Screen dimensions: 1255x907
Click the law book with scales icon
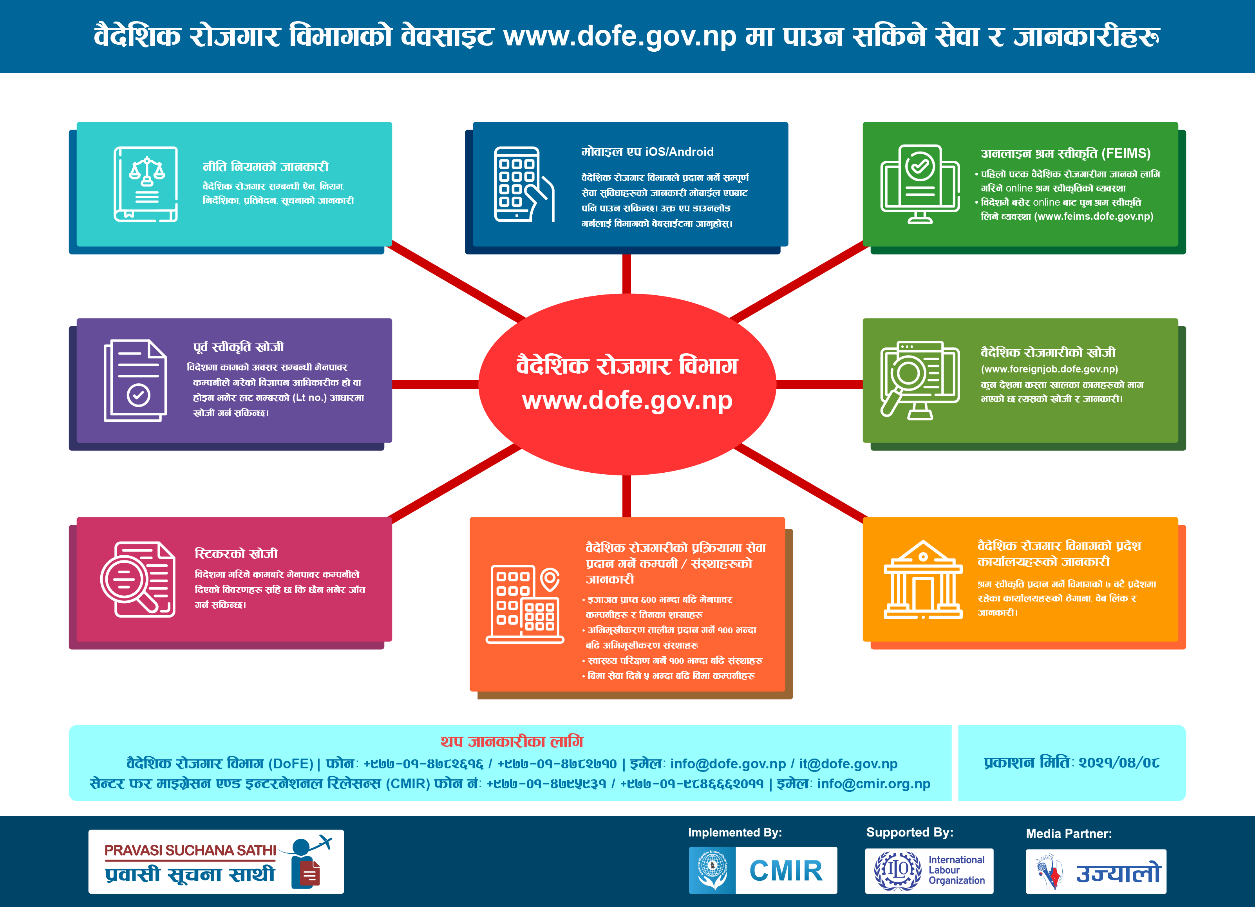146,184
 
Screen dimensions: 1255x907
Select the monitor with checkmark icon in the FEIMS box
920,184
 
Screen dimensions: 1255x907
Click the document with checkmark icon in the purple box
136,380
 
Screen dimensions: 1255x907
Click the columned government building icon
923,579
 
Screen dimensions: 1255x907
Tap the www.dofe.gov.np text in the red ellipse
627,401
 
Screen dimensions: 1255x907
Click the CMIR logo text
786,871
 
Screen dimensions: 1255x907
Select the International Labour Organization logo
929,871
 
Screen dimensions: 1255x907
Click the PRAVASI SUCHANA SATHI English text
190,850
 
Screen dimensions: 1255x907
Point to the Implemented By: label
735,832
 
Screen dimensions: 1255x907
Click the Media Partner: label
1069,833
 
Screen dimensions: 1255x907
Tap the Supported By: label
910,832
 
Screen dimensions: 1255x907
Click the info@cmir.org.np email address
874,784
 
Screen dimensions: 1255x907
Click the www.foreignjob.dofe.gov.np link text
1049,369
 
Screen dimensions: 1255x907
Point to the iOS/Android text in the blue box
680,152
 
